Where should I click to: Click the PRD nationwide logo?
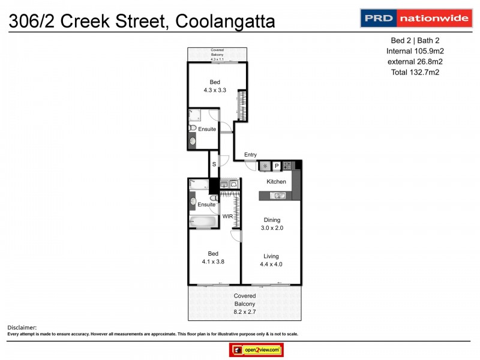pyautogui.click(x=415, y=18)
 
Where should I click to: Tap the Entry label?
pyautogui.click(x=250, y=155)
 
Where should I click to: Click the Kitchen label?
pyautogui.click(x=277, y=181)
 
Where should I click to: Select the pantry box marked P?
pyautogui.click(x=277, y=166)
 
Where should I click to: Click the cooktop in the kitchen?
pyautogui.click(x=288, y=166)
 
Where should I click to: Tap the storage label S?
pyautogui.click(x=213, y=164)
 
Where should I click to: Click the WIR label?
pyautogui.click(x=228, y=215)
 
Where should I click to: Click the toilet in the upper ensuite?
pyautogui.click(x=193, y=128)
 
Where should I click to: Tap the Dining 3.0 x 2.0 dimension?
pyautogui.click(x=272, y=228)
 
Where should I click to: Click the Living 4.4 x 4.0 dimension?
pyautogui.click(x=271, y=264)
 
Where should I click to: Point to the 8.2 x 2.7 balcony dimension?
pyautogui.click(x=244, y=312)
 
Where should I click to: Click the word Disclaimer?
pyautogui.click(x=22, y=327)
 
